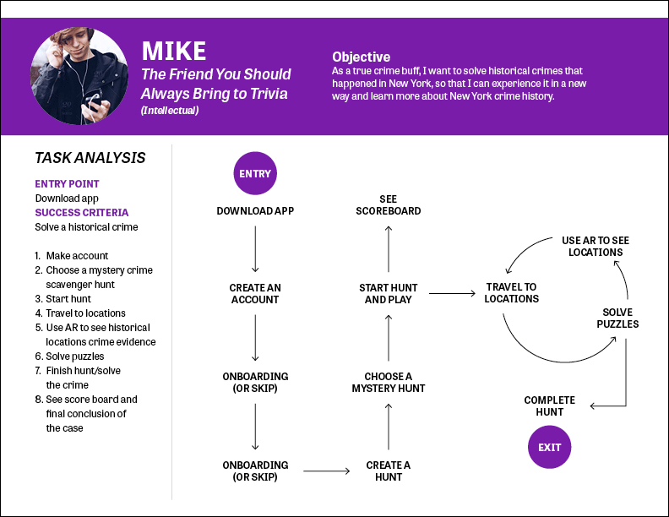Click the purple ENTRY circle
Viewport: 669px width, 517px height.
(x=255, y=173)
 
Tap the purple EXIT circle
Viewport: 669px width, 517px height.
(x=550, y=447)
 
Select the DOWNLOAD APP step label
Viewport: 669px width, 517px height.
(x=255, y=210)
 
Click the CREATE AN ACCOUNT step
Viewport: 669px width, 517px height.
(x=255, y=293)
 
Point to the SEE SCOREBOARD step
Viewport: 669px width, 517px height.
(x=389, y=204)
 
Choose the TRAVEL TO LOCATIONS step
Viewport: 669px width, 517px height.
(x=512, y=292)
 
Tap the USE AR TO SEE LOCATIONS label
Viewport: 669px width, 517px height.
(x=596, y=246)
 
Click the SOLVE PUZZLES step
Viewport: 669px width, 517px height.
(x=617, y=318)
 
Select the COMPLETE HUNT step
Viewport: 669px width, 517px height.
(x=550, y=405)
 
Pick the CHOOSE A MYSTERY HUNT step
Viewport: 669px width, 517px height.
(x=389, y=382)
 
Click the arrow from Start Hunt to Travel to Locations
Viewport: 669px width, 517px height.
(x=452, y=293)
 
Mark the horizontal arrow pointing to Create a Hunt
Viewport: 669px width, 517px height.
(x=327, y=471)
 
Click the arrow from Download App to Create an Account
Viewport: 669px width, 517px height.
(x=255, y=249)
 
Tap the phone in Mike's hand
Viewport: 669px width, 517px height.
(x=94, y=102)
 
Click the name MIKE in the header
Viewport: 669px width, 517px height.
(x=174, y=52)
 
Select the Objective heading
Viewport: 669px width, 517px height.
(x=361, y=57)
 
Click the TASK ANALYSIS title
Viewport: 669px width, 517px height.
(x=90, y=158)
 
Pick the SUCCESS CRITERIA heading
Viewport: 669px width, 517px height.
(x=81, y=212)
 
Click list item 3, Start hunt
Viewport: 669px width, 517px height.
(x=63, y=298)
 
